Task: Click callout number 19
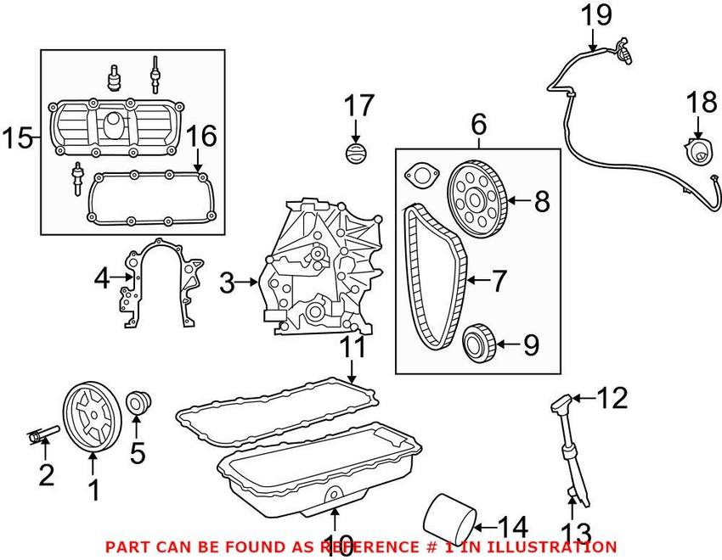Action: pos(596,14)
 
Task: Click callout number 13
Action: pos(575,533)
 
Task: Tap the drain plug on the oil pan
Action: pos(335,495)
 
